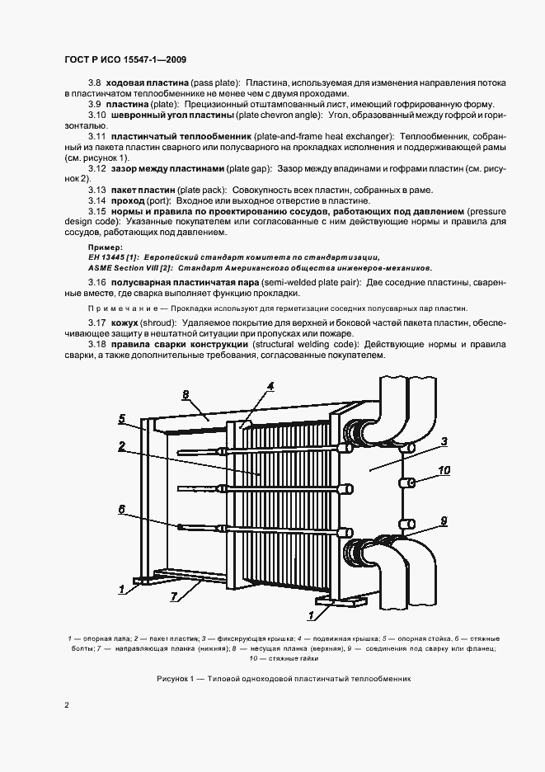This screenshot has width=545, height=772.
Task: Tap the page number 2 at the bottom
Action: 66,705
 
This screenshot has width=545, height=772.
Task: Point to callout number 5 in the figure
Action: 121,419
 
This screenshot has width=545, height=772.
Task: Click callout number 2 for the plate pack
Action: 121,446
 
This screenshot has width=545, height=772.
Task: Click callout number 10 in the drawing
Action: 444,472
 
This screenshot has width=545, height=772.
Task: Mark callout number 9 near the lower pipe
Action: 444,521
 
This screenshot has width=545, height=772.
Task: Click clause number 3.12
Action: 97,168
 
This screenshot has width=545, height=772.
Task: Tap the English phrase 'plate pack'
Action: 194,190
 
